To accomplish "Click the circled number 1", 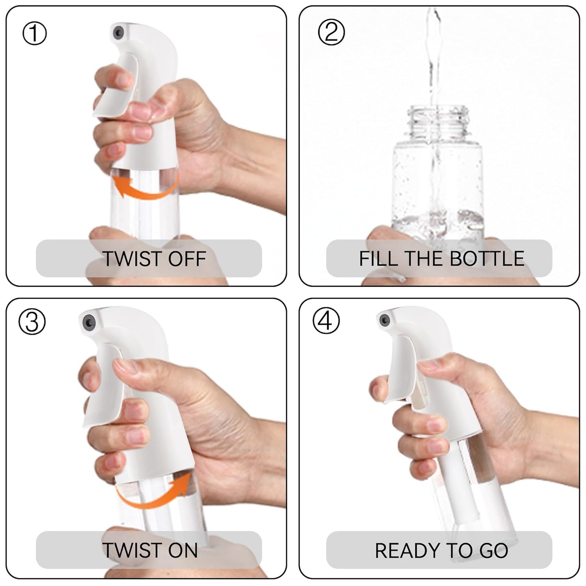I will point(34,33).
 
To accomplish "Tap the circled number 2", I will point(331,32).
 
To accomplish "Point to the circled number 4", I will point(326,321).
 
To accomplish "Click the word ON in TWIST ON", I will point(183,550).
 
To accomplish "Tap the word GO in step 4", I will point(494,550).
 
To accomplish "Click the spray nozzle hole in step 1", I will point(118,32).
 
